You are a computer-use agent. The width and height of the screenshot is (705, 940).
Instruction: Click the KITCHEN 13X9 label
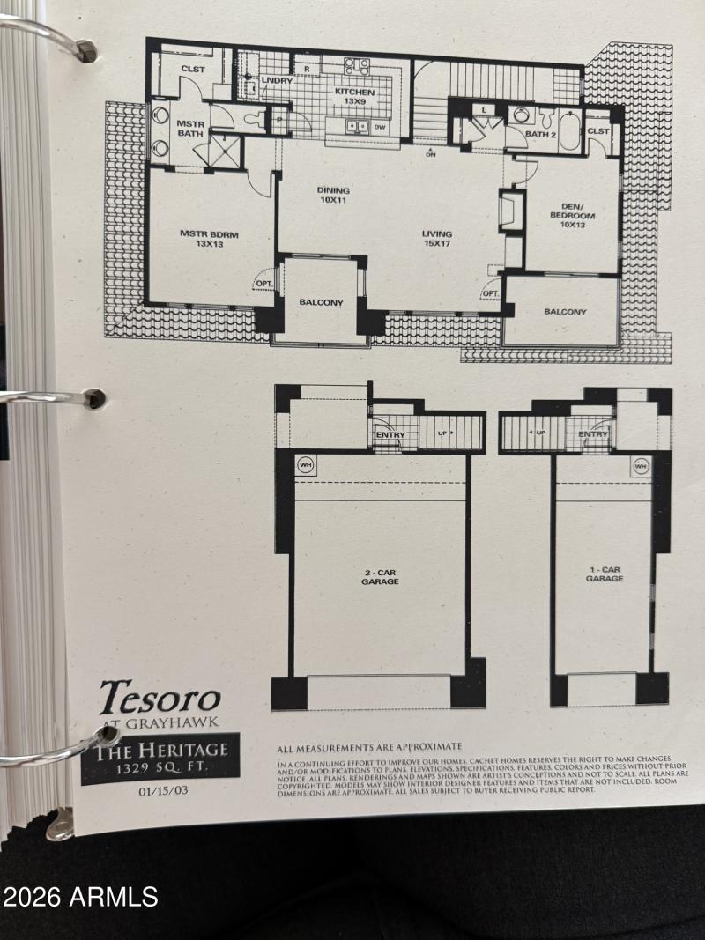coord(354,97)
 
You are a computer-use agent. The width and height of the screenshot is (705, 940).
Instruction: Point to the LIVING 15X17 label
coord(437,239)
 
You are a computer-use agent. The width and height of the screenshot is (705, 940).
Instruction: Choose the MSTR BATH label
coord(190,130)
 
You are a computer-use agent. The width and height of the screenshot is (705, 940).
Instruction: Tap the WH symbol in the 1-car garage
coord(640,465)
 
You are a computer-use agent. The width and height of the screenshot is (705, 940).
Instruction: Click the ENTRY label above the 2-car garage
coord(390,434)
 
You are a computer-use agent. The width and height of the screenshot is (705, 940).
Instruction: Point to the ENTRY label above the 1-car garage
coord(593,434)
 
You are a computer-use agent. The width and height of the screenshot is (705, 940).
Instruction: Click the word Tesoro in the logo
coord(160,699)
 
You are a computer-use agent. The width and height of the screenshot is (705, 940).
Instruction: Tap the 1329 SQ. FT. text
coord(160,768)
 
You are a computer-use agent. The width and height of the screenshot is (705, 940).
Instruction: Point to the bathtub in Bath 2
coord(568,128)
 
